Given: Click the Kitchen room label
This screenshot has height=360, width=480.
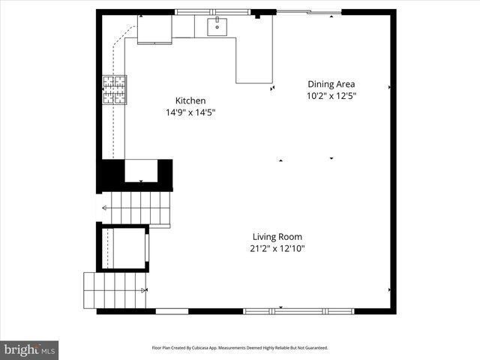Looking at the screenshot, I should (190, 100).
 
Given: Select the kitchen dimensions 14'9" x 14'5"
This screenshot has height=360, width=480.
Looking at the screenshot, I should (190, 113).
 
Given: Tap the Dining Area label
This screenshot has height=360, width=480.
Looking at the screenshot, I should (331, 84).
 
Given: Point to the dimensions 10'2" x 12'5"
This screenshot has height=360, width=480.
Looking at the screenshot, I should (331, 96).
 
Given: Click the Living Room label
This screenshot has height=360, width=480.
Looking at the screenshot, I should (277, 236).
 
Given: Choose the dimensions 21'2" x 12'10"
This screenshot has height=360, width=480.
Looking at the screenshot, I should (277, 249).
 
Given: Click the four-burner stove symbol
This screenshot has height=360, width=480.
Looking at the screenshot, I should (115, 89).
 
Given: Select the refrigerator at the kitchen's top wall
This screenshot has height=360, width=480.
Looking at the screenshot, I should (154, 29).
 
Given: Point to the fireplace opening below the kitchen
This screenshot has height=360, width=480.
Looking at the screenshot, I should (140, 171).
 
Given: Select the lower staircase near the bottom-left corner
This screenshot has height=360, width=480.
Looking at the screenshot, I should (112, 290).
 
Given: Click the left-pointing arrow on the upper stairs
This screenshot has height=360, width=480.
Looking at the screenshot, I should (105, 209).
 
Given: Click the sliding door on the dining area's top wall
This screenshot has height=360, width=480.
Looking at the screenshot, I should (309, 12).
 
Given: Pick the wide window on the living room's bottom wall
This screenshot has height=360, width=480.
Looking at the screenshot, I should (298, 310).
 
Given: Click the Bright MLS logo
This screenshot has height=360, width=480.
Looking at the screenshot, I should (29, 349).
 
